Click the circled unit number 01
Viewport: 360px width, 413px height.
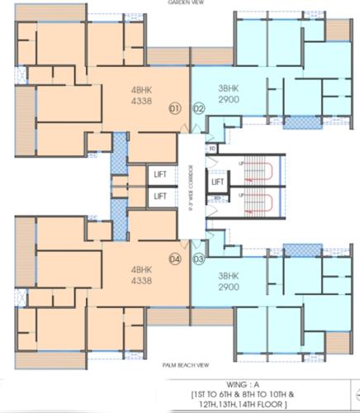(174, 108)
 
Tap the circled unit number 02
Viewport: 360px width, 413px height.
(199, 108)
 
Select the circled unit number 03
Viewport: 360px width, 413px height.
(199, 259)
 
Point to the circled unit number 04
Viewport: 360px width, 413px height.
(174, 259)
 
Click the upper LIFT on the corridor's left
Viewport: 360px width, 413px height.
(160, 174)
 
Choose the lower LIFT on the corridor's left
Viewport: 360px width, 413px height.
(160, 196)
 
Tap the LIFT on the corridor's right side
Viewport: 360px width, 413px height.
(218, 182)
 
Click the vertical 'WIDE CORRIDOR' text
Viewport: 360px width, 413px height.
(192, 183)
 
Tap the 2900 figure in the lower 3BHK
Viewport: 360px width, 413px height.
(228, 286)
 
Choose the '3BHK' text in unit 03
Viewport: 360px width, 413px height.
(228, 275)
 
